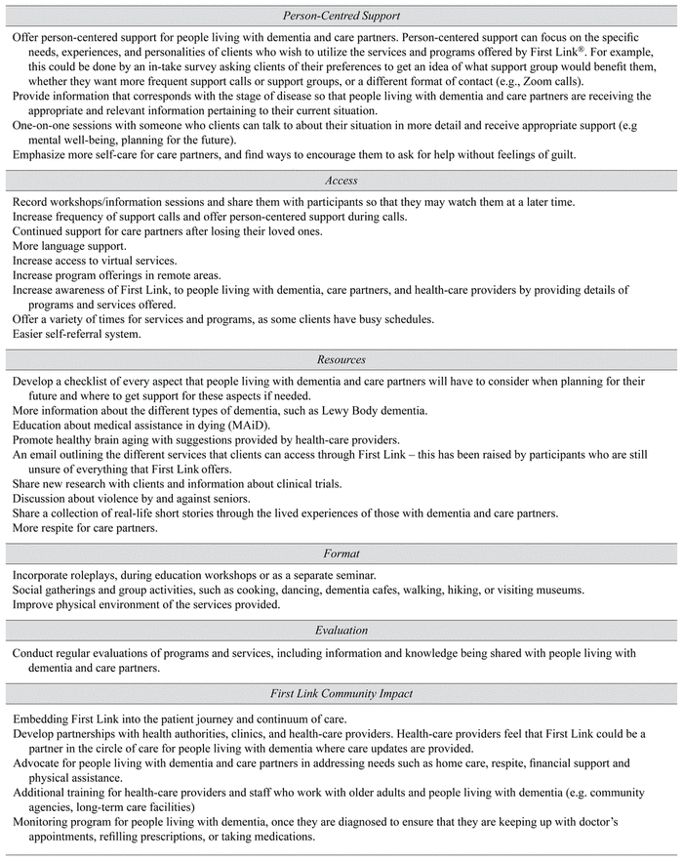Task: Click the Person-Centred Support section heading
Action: point(340,16)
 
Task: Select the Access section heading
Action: point(340,180)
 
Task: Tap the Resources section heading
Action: point(340,359)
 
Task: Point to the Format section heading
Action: point(340,553)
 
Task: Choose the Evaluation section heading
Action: point(340,632)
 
